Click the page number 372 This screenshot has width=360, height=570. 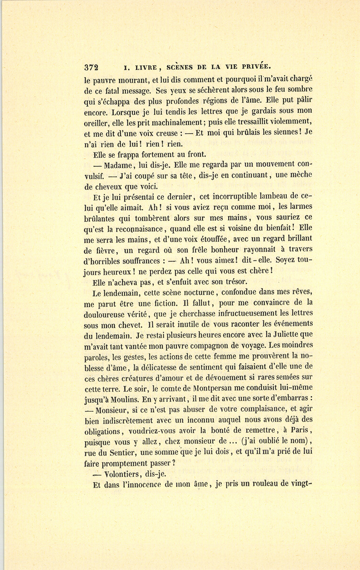coord(92,67)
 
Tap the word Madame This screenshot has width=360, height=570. coord(119,165)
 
